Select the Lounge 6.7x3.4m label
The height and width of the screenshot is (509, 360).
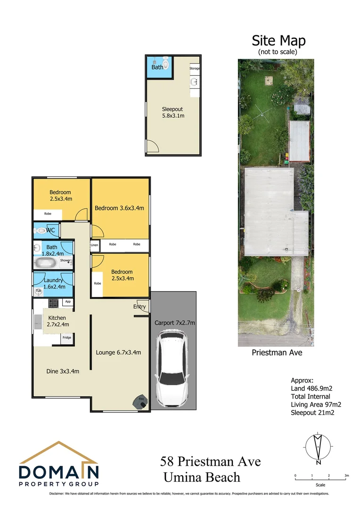[x=118, y=352]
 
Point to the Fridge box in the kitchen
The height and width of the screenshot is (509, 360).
[x=67, y=337]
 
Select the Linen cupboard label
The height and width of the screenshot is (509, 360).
[x=95, y=245]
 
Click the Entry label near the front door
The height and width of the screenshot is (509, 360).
[x=139, y=307]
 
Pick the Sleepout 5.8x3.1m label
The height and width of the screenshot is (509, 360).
[x=173, y=112]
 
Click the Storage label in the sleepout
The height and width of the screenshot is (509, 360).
[x=195, y=69]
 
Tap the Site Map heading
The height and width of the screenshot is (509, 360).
[x=278, y=41]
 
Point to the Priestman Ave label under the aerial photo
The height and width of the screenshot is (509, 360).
[x=277, y=352]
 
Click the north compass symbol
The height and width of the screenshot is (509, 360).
[x=319, y=447]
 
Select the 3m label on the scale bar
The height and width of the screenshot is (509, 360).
[x=346, y=476]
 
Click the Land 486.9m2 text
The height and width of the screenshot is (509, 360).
[x=311, y=388]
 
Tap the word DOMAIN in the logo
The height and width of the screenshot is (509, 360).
[x=58, y=472]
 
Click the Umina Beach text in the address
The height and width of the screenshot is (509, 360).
[x=202, y=477]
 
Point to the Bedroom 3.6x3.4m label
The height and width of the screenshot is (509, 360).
[x=119, y=208]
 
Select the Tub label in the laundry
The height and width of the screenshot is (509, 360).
[x=38, y=291]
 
